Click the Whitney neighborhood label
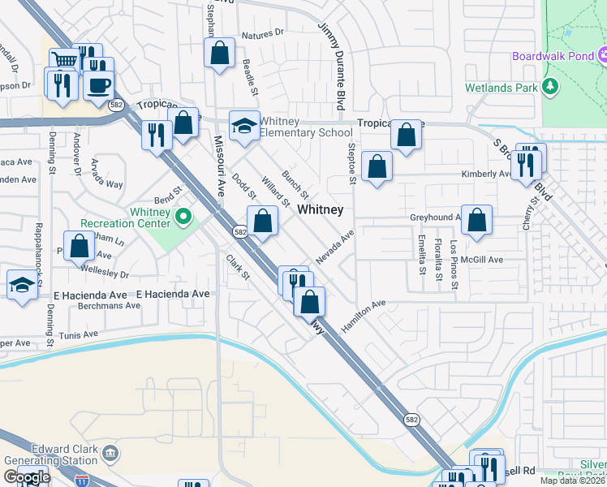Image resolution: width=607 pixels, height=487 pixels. pyautogui.click(x=320, y=209)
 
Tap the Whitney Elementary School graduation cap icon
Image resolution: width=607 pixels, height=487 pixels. pyautogui.click(x=243, y=125)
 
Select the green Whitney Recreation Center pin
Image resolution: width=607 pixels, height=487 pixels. pyautogui.click(x=183, y=216)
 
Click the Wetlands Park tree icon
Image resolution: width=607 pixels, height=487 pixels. pyautogui.click(x=551, y=87)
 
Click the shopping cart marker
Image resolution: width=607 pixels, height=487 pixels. pyautogui.click(x=64, y=61)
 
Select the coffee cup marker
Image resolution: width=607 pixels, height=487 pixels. pyautogui.click(x=99, y=84)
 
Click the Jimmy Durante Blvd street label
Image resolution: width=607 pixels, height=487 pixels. pyautogui.click(x=332, y=61)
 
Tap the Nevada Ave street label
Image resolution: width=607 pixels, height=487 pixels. pyautogui.click(x=335, y=247)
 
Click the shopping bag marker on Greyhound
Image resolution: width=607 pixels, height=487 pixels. pyautogui.click(x=478, y=220)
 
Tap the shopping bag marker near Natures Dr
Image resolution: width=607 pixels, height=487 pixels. pyautogui.click(x=221, y=53)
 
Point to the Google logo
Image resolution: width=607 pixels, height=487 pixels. pyautogui.click(x=27, y=476)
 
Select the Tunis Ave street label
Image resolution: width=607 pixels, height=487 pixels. pyautogui.click(x=78, y=334)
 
